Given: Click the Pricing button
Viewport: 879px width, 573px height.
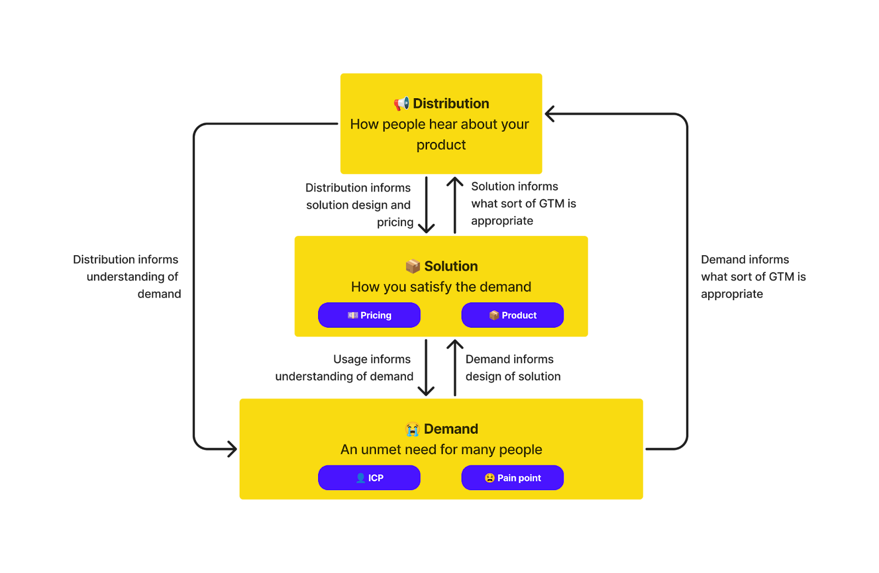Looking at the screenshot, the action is tap(369, 315).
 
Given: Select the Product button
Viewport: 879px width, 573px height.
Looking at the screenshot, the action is tap(513, 315).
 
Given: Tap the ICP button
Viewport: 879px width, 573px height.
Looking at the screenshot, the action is tap(369, 477).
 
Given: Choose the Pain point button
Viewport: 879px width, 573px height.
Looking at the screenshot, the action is tap(513, 477).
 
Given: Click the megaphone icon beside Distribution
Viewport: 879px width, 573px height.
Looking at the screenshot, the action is tap(402, 104).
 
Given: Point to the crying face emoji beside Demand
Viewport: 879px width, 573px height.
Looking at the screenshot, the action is tap(413, 429).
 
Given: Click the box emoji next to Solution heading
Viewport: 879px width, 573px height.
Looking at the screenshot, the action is tap(413, 267).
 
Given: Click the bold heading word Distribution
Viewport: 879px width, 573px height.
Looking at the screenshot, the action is tap(451, 104).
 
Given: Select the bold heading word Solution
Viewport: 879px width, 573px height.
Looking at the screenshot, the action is tap(451, 266).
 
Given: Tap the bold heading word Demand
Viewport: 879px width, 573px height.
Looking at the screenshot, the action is tap(451, 429).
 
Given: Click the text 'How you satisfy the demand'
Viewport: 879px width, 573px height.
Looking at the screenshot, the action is tap(441, 287).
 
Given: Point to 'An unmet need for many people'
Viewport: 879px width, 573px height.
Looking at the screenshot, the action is tap(441, 450).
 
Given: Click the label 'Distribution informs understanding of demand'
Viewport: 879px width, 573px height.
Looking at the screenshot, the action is tap(127, 277).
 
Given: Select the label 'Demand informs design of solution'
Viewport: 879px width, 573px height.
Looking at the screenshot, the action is tap(513, 368).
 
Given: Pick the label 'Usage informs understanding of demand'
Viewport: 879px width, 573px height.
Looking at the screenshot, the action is tap(344, 368).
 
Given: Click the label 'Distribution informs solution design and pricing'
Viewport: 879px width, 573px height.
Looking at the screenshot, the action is tap(359, 205).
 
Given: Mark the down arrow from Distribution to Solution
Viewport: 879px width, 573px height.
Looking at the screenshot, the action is tap(426, 205).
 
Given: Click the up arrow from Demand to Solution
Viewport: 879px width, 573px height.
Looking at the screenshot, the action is tap(455, 368).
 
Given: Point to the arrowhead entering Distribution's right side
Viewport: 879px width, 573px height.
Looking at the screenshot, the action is tap(549, 114).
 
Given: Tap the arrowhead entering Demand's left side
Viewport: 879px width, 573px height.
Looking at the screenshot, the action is tap(233, 449).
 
